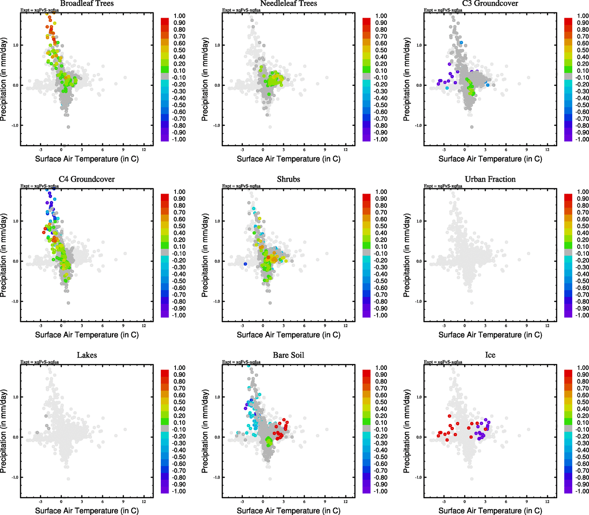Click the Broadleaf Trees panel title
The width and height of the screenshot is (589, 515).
click(87, 3)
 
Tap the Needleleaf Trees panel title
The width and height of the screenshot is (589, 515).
click(288, 3)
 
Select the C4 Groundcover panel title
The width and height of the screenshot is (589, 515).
click(87, 179)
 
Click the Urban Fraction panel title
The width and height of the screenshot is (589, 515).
click(490, 179)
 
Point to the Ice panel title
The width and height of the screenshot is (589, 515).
click(490, 355)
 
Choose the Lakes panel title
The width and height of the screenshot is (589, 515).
click(87, 355)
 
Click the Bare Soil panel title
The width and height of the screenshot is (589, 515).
click(288, 355)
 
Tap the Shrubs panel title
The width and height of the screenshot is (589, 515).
click(288, 179)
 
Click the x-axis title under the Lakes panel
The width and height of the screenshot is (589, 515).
click(87, 511)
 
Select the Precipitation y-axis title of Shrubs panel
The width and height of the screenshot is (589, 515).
click(205, 256)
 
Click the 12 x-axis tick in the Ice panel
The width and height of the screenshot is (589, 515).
click(547, 501)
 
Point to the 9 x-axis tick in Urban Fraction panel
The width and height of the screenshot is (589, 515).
click(526, 325)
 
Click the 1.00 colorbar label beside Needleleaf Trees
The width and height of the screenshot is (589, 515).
click(381, 16)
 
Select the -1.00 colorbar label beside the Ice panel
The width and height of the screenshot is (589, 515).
click(582, 491)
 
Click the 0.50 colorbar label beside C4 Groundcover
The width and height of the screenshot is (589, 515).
click(179, 226)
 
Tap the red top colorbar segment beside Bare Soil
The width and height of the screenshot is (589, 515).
click(366, 371)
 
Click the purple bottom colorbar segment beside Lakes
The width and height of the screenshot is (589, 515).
click(165, 490)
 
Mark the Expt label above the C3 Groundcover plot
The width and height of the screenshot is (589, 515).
click(443, 10)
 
